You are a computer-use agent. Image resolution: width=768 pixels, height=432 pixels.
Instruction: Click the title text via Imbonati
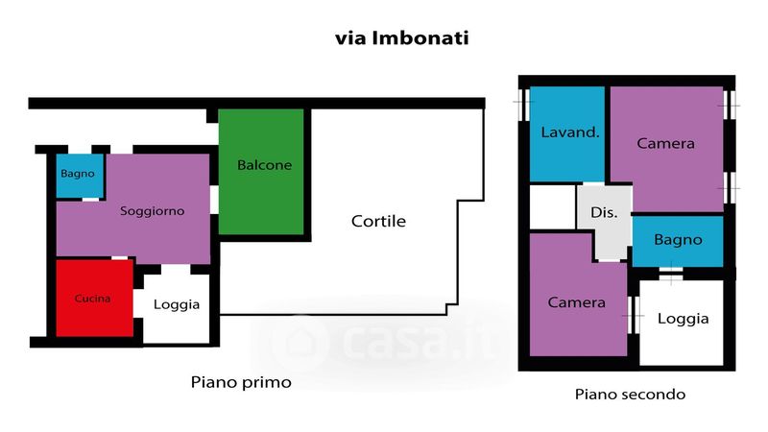click(401, 39)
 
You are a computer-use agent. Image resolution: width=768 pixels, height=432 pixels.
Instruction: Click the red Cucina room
click(93, 298)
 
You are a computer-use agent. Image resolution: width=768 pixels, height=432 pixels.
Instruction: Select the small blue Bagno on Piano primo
click(77, 176)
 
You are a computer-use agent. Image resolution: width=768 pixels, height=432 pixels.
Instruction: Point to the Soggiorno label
click(152, 210)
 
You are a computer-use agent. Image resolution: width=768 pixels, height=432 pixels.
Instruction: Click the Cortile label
click(378, 221)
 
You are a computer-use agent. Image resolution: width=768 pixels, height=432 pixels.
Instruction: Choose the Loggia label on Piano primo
click(177, 304)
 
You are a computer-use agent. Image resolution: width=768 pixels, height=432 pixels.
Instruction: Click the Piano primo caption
click(241, 382)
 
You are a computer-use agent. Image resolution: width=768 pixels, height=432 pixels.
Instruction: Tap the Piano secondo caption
click(630, 394)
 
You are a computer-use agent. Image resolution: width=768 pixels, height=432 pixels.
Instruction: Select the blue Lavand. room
click(567, 132)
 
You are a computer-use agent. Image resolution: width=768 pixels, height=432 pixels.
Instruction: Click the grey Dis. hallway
click(604, 212)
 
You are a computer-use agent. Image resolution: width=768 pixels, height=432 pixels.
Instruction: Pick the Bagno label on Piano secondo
click(678, 240)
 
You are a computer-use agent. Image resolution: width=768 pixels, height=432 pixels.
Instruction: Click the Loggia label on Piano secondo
click(683, 319)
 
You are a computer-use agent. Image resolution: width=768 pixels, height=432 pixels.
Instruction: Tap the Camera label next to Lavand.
click(665, 144)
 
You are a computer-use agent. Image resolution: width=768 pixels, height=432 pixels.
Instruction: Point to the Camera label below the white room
click(576, 302)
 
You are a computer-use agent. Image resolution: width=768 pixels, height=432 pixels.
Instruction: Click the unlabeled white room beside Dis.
click(552, 206)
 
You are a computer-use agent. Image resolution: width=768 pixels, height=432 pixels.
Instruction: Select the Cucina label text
click(93, 298)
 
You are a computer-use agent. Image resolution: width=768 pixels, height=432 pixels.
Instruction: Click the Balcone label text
click(264, 165)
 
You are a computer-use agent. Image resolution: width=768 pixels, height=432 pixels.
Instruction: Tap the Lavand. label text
click(570, 132)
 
